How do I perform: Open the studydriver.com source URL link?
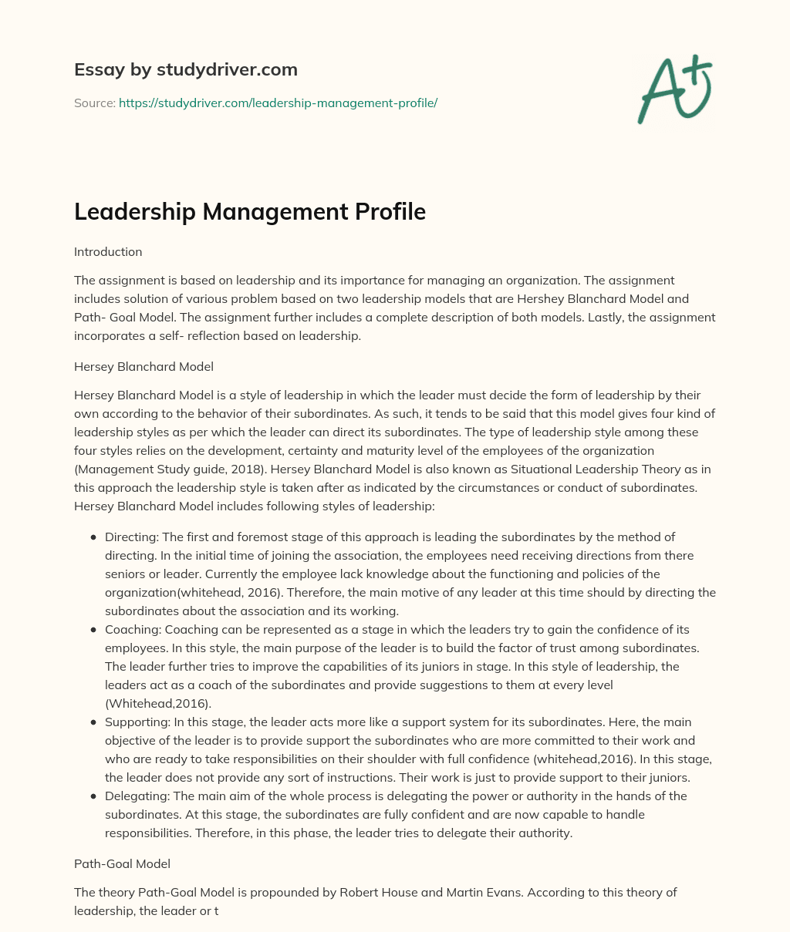point(278,103)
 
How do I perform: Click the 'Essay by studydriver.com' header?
point(185,69)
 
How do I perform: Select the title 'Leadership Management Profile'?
point(249,211)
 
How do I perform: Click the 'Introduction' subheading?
point(108,251)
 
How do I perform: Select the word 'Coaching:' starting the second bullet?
point(133,629)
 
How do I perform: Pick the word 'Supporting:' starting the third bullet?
point(137,722)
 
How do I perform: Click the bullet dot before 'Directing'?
point(93,537)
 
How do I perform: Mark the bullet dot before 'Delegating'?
point(93,796)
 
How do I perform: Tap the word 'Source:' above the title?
point(95,103)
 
